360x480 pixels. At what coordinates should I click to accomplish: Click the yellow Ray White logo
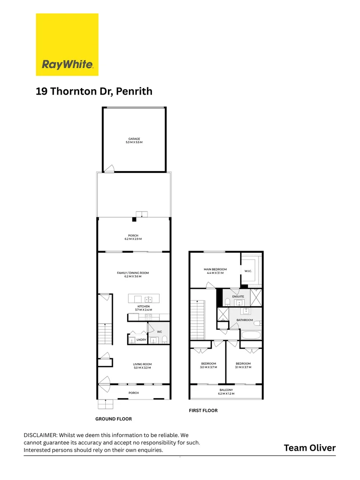click(67, 44)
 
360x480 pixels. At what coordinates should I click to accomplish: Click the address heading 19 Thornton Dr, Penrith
click(94, 92)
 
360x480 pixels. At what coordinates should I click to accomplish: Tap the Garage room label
click(134, 141)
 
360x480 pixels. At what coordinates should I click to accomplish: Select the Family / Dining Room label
click(132, 275)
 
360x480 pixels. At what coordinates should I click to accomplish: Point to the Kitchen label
click(143, 308)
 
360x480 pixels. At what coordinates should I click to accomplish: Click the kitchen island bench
click(144, 298)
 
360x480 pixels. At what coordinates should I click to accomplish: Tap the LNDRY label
click(141, 340)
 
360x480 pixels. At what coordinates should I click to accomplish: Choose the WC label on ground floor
click(160, 332)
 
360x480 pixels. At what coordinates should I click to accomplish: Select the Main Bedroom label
click(215, 271)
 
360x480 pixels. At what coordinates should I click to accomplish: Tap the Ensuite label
click(238, 296)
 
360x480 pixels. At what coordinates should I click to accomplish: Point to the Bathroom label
click(244, 320)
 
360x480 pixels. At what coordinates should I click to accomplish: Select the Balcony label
click(226, 392)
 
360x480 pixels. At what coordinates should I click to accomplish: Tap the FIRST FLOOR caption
click(203, 411)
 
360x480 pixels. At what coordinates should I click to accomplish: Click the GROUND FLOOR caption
click(113, 419)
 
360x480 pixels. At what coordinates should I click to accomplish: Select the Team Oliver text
click(310, 448)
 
